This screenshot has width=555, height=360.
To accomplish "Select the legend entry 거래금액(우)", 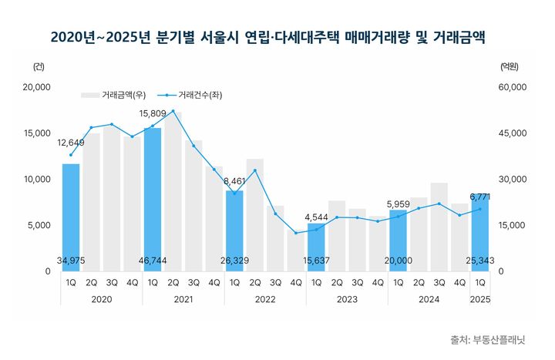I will point(113,96).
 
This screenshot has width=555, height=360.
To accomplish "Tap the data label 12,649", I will point(71,142).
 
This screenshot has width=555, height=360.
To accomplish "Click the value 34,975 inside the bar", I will point(71,261).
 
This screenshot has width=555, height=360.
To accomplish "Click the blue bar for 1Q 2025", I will point(480,231).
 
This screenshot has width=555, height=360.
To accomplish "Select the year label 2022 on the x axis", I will point(265,299).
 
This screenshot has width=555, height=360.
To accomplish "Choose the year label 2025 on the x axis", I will point(481,299).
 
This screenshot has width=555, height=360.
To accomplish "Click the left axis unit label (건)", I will point(39,67).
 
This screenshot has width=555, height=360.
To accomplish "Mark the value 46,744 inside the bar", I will point(153,261).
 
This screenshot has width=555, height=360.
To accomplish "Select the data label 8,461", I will point(234,181).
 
